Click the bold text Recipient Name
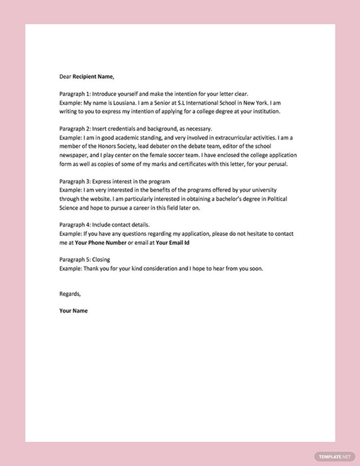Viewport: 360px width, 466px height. (x=93, y=76)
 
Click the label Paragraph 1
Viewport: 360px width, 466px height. (x=74, y=93)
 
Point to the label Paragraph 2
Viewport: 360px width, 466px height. (x=74, y=129)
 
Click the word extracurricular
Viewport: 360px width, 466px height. (x=206, y=137)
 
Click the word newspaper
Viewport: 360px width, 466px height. (x=74, y=155)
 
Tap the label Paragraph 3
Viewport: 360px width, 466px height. (x=74, y=181)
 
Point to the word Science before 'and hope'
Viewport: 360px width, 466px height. (x=70, y=207)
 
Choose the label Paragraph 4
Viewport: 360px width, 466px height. (x=74, y=225)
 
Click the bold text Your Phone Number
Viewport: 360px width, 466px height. (x=101, y=243)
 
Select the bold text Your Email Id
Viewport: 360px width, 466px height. (x=172, y=243)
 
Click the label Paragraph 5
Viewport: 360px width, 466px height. (x=74, y=260)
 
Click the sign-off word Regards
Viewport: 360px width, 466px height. (x=70, y=293)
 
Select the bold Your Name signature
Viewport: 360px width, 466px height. (x=74, y=311)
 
